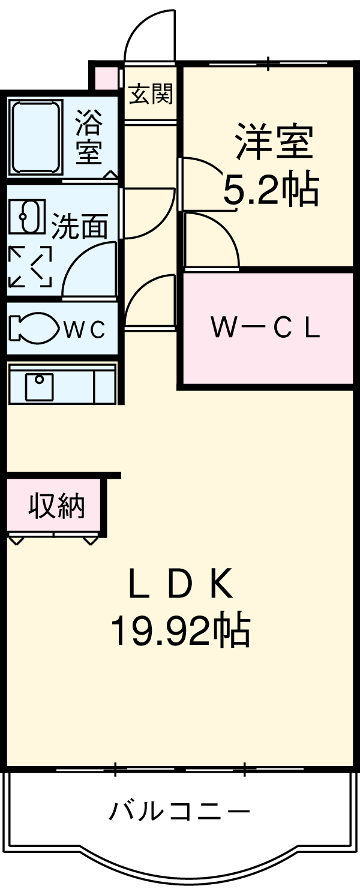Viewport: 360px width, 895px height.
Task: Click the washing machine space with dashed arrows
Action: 30,266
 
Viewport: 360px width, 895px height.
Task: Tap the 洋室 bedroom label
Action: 274,142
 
